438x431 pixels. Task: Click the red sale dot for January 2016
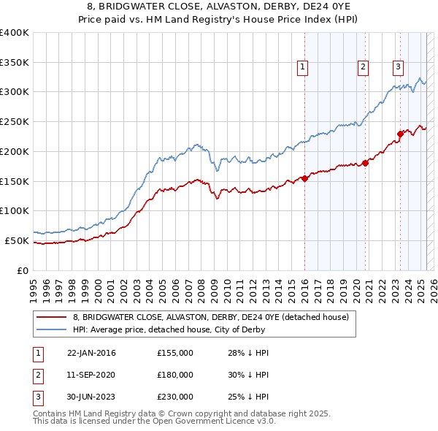304,178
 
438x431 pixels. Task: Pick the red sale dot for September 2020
365,163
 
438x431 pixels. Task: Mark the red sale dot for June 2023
400,133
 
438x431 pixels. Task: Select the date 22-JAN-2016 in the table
91,354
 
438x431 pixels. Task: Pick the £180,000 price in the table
175,375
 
